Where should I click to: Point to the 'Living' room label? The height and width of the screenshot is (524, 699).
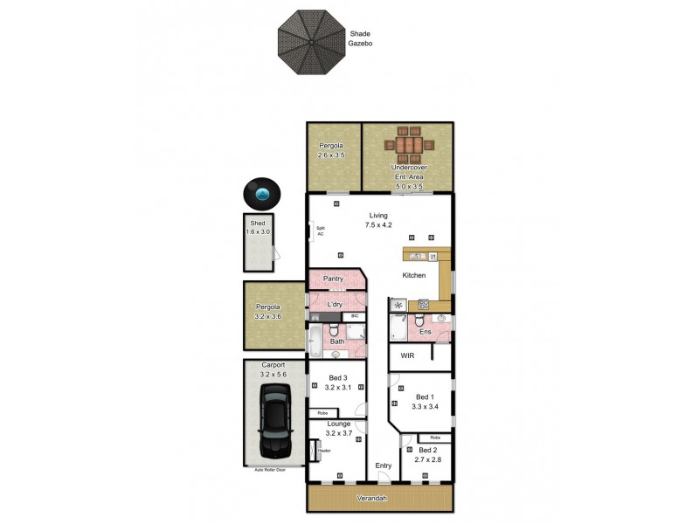(x=378, y=216)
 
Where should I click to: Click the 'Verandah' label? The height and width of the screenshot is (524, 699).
(x=379, y=499)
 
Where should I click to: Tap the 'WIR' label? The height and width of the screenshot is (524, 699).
(x=407, y=356)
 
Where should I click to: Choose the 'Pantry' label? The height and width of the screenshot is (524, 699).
(x=333, y=279)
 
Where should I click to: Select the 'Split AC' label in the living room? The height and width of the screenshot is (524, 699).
(x=321, y=232)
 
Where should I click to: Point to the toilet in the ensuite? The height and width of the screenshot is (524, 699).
(x=416, y=321)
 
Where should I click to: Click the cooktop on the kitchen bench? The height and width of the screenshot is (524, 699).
(x=424, y=305)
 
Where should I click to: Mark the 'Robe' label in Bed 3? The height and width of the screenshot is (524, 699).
(x=322, y=412)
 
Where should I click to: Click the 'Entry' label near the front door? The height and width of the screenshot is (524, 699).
(x=383, y=465)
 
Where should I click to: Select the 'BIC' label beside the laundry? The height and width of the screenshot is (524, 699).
(x=354, y=315)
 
